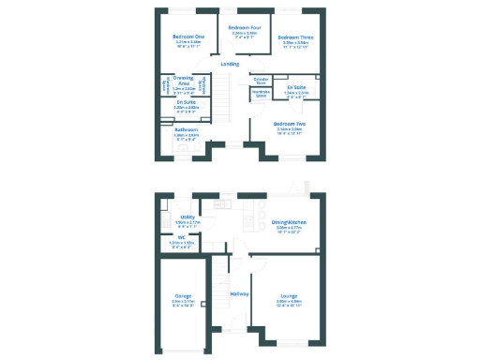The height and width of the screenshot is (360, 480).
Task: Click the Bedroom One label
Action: pyautogui.click(x=187, y=36)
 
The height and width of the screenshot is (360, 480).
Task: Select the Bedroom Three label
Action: pyautogui.click(x=294, y=36)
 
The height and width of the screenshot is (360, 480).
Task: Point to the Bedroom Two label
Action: pyautogui.click(x=289, y=123)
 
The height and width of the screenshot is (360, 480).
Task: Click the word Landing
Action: pyautogui.click(x=229, y=63)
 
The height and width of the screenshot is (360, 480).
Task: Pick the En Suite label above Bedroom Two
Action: pyautogui.click(x=296, y=87)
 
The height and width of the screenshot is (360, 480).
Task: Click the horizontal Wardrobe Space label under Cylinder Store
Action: pyautogui.click(x=262, y=93)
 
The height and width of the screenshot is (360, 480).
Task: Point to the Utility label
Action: pyautogui.click(x=187, y=217)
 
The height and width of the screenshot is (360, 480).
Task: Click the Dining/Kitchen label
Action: pyautogui.click(x=289, y=222)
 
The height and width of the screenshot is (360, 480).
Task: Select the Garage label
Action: pyautogui.click(x=183, y=295)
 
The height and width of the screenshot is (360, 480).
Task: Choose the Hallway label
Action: pyautogui.click(x=239, y=294)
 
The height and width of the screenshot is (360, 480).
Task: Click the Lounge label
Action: pyautogui.click(x=289, y=295)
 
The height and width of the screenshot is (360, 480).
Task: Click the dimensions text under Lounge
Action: pyautogui.click(x=289, y=303)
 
